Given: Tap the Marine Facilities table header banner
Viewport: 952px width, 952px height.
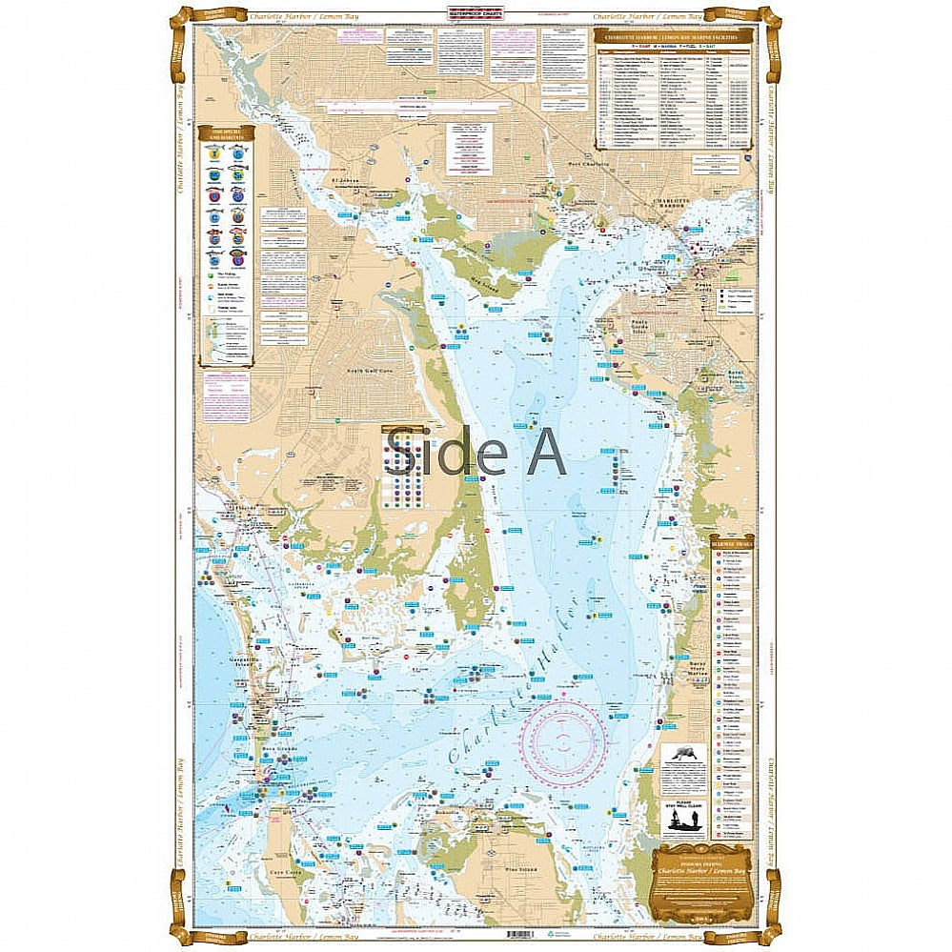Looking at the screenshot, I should pyautogui.click(x=673, y=40).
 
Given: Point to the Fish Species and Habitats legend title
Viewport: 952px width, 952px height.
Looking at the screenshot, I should pyautogui.click(x=225, y=134).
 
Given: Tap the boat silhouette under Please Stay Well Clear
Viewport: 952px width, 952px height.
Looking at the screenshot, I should pyautogui.click(x=683, y=819).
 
